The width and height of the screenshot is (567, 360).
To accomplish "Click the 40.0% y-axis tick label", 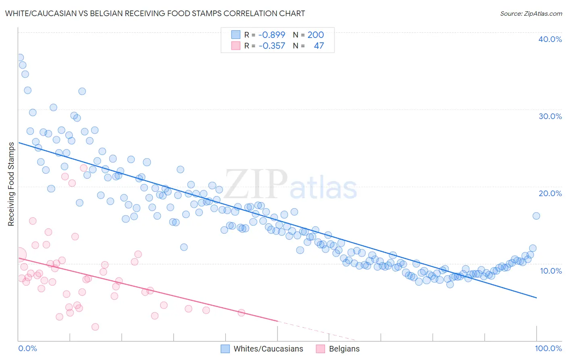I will [550, 39].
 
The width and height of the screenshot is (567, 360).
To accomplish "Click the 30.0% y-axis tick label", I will [550, 116].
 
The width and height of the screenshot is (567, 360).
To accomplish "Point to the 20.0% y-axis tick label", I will [550, 193].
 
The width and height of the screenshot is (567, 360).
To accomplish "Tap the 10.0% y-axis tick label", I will [551, 271].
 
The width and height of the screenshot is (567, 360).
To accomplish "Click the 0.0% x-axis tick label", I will [27, 348].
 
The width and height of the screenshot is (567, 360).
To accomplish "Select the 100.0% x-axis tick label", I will [548, 348].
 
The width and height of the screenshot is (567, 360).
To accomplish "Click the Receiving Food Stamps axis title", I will [11, 184].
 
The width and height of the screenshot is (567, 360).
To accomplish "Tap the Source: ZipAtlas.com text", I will [531, 13].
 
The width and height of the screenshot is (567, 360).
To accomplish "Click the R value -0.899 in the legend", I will [271, 35].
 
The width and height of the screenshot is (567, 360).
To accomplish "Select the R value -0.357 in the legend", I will [271, 46].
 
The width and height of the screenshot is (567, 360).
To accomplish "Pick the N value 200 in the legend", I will [315, 35].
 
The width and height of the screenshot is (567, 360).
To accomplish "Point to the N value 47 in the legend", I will [319, 46].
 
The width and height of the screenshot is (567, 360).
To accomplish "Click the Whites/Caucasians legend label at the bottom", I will [268, 349].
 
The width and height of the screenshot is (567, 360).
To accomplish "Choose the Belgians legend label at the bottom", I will [344, 349].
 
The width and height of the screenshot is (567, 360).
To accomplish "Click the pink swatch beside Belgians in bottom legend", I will [321, 349].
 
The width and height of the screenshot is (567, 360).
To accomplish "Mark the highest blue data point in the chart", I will [19, 58].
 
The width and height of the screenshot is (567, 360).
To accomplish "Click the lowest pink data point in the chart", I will [95, 327].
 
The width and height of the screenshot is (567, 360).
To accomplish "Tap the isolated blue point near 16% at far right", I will [536, 216].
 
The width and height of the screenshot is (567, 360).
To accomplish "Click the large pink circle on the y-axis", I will [19, 255].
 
